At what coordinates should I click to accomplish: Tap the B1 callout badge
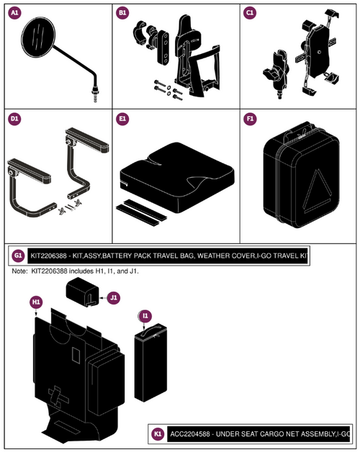pyautogui.click(x=122, y=13)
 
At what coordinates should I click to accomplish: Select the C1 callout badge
pyautogui.click(x=250, y=13)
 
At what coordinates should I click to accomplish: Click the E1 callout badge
pyautogui.click(x=122, y=119)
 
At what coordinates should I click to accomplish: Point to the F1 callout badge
pyautogui.click(x=250, y=119)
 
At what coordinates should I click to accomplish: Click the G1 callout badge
pyautogui.click(x=17, y=256)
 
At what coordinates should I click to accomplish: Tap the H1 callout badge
pyautogui.click(x=35, y=302)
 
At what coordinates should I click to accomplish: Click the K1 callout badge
pyautogui.click(x=158, y=434)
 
